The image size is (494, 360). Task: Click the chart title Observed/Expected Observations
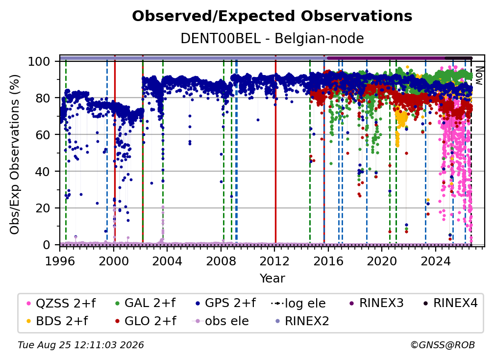click(272, 16)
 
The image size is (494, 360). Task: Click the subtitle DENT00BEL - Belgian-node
click(272, 39)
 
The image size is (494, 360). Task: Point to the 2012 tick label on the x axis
click(274, 261)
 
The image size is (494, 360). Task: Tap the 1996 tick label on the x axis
click(60, 261)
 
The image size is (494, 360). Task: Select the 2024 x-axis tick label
click(435, 261)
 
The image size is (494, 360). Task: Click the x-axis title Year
click(272, 279)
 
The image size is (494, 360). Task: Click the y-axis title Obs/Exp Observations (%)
click(15, 154)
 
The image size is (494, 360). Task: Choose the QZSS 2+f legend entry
click(61, 303)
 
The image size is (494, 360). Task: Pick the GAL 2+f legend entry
click(146, 303)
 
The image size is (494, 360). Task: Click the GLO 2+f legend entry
click(146, 321)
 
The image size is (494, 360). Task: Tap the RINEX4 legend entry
click(450, 303)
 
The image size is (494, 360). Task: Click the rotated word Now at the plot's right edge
click(479, 76)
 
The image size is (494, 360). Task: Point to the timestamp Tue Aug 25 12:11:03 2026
click(81, 345)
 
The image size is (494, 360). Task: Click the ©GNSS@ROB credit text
click(443, 345)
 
